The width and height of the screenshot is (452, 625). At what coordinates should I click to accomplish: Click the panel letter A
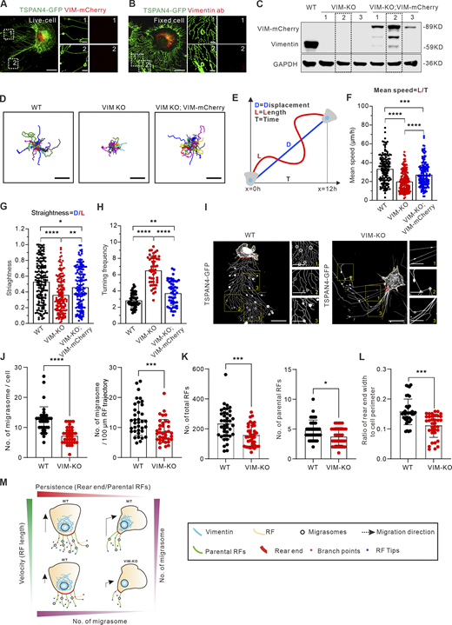click(x=5, y=5)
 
